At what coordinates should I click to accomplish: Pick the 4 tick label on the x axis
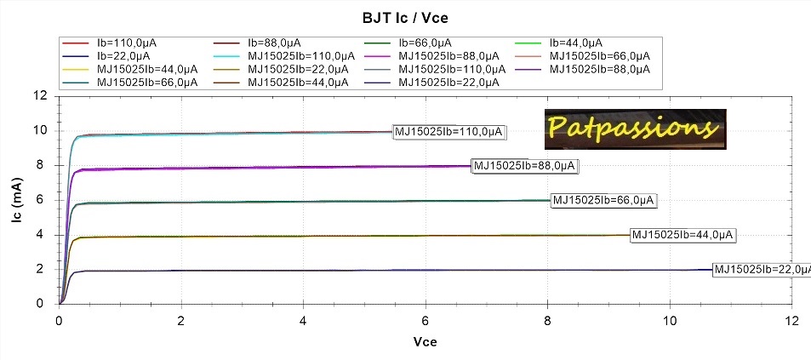[x=303, y=321]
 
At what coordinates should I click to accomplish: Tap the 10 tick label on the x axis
[x=670, y=321]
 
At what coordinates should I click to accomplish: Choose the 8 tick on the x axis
[x=547, y=321]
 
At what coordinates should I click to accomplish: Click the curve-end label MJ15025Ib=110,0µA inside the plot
[x=449, y=131]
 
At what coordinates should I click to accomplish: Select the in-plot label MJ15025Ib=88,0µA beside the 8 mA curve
[x=524, y=166]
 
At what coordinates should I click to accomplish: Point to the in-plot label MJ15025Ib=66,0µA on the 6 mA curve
[x=604, y=201]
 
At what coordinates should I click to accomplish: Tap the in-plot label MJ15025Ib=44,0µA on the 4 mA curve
[x=683, y=235]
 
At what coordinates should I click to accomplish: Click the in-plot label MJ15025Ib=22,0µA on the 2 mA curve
[x=761, y=270]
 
